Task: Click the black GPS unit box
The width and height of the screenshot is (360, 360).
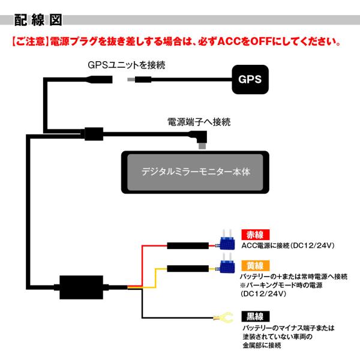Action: coord(250,79)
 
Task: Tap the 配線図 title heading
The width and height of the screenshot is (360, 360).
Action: coord(38,20)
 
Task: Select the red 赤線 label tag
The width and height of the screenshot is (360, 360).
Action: coord(256,235)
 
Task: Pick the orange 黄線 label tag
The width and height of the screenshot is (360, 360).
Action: coord(256,266)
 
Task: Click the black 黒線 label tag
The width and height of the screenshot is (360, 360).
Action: coord(256,316)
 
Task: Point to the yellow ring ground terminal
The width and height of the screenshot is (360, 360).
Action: coord(223,317)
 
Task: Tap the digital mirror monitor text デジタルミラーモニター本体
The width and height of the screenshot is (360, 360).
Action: coord(196,172)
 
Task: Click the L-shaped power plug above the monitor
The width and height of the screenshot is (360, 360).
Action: coord(200,139)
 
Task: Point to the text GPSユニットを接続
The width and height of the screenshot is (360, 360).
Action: coord(127,65)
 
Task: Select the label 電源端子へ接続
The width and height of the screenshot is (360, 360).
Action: coord(199,122)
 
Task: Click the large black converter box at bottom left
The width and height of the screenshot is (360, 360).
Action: coord(81,287)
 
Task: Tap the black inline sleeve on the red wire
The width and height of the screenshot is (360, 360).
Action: coord(188,245)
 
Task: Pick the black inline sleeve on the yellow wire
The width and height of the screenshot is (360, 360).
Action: coord(188,269)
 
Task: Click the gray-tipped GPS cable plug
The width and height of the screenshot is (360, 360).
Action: coord(139,80)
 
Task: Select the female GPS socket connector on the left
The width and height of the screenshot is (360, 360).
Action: coord(100,79)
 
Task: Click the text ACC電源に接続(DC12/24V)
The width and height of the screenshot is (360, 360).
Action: coord(288,245)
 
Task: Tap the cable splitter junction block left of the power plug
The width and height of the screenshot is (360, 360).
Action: coord(94,134)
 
